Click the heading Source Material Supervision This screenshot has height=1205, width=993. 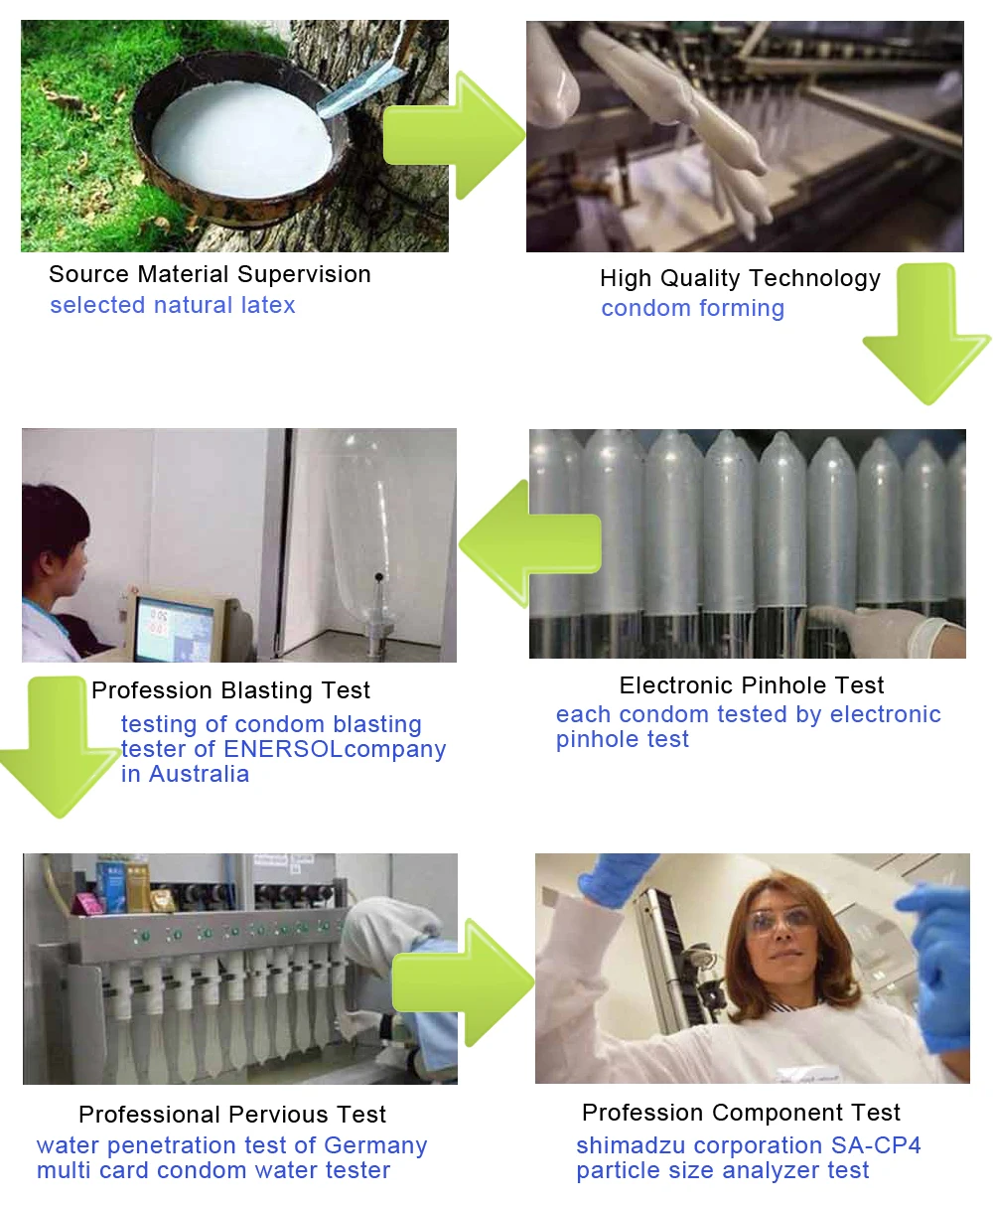210,275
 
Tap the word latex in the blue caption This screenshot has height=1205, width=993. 268,305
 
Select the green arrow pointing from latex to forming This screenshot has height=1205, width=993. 454,136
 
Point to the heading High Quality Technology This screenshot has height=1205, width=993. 740,279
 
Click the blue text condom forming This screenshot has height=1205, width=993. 692,308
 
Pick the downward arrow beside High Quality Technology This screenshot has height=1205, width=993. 926,333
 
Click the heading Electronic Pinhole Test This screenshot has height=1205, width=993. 752,685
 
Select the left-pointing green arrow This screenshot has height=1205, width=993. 529,543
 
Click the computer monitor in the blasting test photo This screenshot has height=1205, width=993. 176,628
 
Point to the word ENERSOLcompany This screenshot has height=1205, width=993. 335,749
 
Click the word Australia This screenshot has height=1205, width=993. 199,774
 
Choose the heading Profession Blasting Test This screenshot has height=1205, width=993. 230,690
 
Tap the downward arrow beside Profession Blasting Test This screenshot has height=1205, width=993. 58,747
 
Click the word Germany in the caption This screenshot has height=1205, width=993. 375,1145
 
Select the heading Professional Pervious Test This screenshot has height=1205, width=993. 232,1115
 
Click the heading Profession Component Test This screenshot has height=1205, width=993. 741,1113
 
